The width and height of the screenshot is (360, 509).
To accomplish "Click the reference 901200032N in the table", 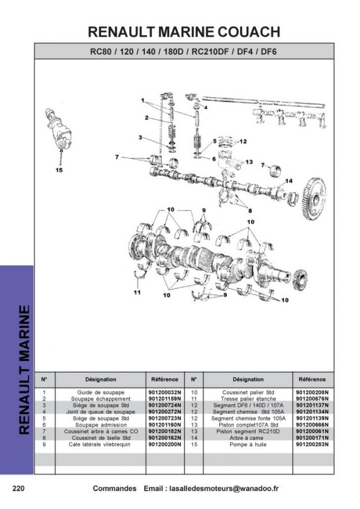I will pos(164,392).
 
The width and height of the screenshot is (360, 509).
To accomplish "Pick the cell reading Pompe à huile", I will pos(248,444).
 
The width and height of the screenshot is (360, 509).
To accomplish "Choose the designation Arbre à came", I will pos(248,438).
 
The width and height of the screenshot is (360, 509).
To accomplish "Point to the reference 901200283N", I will pos(312,444).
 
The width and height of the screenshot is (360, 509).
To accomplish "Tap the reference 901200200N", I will pos(164,444).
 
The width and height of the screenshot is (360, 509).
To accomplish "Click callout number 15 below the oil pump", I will pos(59,169).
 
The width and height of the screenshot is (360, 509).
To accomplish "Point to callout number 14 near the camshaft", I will pos(289,181).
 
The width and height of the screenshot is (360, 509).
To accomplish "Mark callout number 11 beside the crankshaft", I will pos(137,292).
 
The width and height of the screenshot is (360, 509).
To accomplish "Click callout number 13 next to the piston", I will pos(249,162).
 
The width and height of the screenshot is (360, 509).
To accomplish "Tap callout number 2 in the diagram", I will pos(147,118).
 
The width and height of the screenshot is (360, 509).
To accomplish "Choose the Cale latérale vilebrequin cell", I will pos(100,444).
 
